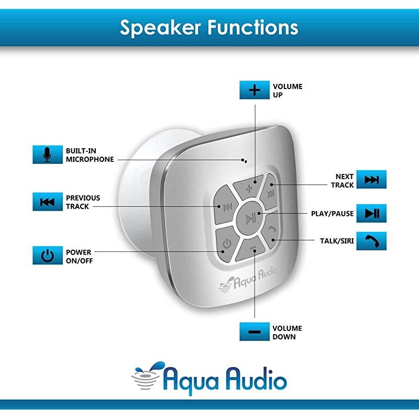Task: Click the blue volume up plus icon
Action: click(255, 90)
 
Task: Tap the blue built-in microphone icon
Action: click(47, 153)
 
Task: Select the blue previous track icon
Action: click(47, 202)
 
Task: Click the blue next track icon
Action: click(371, 180)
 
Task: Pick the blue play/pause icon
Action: click(371, 213)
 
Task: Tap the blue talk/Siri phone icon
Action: click(371, 240)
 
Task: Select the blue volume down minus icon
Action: click(255, 332)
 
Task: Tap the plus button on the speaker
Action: click(250, 186)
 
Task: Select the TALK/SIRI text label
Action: click(337, 241)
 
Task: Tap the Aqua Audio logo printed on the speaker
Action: click(250, 278)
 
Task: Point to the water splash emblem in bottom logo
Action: click(148, 375)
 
